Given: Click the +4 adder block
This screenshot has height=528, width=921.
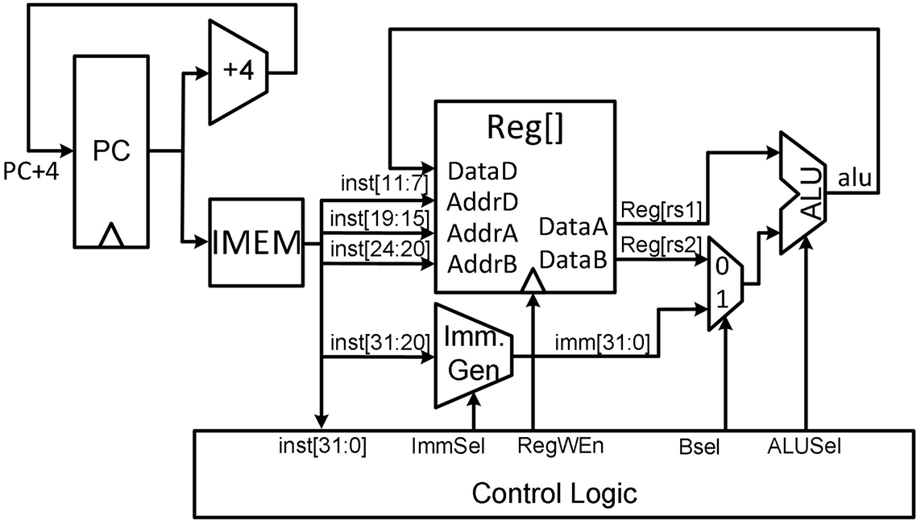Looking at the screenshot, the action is click(x=239, y=72).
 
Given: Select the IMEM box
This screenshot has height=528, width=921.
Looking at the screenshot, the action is click(x=257, y=242).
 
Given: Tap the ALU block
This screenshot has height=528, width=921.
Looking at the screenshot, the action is click(x=803, y=193).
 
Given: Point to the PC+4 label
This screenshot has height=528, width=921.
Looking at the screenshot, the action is click(x=31, y=171).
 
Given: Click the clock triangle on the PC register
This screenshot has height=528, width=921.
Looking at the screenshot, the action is click(x=111, y=236).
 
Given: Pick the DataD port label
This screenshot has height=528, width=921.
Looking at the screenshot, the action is click(x=482, y=171).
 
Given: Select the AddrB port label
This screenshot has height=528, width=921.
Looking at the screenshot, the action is click(x=482, y=265).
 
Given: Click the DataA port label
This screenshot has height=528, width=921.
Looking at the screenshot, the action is click(x=573, y=227).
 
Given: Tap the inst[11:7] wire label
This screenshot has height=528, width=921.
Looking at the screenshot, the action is click(x=384, y=183).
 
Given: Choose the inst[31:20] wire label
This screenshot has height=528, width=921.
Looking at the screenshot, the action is click(x=380, y=341).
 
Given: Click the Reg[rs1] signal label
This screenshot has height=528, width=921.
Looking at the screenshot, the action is click(x=662, y=209).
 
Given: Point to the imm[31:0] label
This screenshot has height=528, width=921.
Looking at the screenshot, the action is click(x=603, y=343).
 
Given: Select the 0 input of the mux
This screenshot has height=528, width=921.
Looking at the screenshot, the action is click(x=722, y=266).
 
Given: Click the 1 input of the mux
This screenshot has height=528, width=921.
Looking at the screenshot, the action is click(x=722, y=299).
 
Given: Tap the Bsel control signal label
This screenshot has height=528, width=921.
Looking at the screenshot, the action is click(x=699, y=447).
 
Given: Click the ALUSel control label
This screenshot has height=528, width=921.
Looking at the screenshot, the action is click(x=804, y=447).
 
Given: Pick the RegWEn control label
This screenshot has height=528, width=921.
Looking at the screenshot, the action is click(x=560, y=446).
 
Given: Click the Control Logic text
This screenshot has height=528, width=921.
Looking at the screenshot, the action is click(x=554, y=493).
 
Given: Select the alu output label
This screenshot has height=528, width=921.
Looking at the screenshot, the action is click(x=855, y=177).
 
